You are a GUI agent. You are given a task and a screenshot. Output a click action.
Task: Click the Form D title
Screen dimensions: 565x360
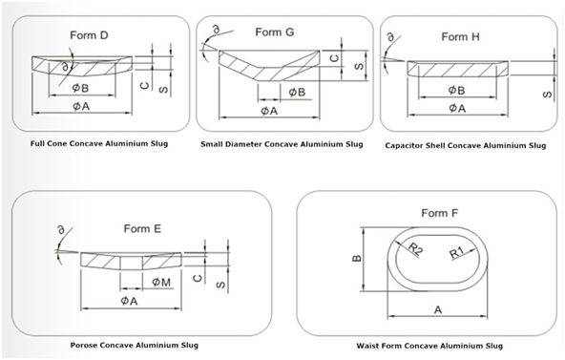click(x=89, y=35)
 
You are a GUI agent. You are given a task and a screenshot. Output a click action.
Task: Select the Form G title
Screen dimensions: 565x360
click(x=275, y=32)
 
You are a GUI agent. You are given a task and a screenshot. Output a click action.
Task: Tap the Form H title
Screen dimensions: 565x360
click(x=461, y=36)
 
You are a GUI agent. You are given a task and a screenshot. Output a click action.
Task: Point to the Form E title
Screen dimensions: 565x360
click(x=142, y=229)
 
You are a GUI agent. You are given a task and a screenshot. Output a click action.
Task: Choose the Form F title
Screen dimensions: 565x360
click(x=440, y=213)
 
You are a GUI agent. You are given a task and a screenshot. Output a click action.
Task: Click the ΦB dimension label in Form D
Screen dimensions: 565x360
click(x=80, y=88)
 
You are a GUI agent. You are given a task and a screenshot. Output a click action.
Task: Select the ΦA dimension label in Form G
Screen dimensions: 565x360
click(x=269, y=111)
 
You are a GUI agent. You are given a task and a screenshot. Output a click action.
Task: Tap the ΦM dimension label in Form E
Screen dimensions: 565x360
click(x=161, y=282)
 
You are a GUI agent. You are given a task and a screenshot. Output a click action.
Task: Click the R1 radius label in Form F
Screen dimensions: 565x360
click(x=457, y=252)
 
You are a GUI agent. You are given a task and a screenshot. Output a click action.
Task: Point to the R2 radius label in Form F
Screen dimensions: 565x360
click(x=415, y=249)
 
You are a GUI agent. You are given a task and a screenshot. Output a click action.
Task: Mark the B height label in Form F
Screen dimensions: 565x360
click(x=356, y=258)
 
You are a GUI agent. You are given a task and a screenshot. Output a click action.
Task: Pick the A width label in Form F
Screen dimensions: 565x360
click(x=438, y=310)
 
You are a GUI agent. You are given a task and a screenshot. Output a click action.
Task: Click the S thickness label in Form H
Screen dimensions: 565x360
click(x=547, y=95)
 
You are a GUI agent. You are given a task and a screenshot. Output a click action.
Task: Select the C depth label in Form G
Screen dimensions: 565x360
click(x=335, y=57)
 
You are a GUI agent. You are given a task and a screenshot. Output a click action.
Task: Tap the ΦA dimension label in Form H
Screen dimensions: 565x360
click(x=457, y=108)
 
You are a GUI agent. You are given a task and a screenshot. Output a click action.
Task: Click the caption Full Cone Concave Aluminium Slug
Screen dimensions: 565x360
click(x=99, y=143)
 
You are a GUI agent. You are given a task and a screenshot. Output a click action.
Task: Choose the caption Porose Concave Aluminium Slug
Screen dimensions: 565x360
click(x=134, y=346)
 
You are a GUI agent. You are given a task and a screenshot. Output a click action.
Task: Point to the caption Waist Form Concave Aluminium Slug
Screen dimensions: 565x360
click(x=429, y=346)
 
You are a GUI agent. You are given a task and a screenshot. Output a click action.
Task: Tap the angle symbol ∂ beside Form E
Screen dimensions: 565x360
click(x=62, y=229)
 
